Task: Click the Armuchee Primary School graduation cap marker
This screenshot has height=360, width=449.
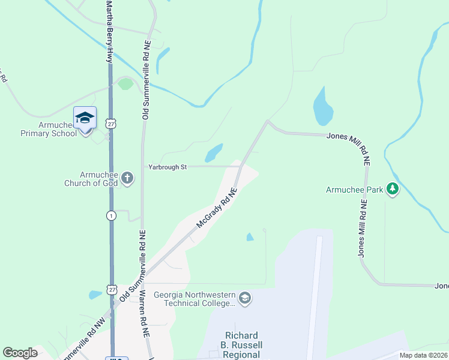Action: tap(85, 118)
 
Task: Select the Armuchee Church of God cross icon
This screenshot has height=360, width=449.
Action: tap(127, 177)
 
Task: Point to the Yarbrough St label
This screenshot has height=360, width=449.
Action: tap(167, 167)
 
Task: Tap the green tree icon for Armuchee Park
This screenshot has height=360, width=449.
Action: tap(393, 190)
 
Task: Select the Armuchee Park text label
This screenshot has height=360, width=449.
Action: tap(354, 190)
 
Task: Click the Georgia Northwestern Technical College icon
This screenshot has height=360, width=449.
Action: tap(244, 298)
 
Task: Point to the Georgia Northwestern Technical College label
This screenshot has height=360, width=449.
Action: tap(194, 299)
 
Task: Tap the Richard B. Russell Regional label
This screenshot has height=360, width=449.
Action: tap(241, 345)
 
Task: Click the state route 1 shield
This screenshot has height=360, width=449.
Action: tap(111, 215)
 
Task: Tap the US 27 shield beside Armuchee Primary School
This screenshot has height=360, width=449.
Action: tap(110, 123)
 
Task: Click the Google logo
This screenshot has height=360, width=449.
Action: tap(20, 353)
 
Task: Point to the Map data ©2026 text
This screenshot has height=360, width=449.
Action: tap(423, 355)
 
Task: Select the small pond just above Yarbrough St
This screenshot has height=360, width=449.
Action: tap(214, 152)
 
